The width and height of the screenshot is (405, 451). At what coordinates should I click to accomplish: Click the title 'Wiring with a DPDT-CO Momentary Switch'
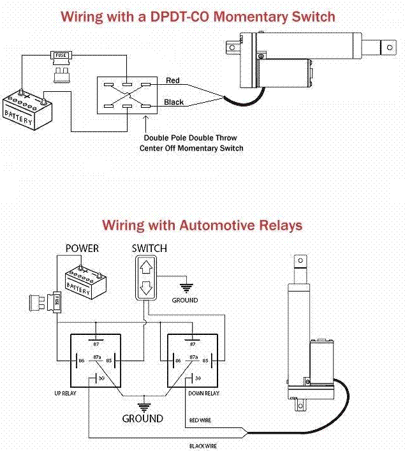tap(197, 17)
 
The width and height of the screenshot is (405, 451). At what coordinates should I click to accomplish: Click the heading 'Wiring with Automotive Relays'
tap(202, 225)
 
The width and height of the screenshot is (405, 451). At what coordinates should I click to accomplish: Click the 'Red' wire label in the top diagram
tap(172, 80)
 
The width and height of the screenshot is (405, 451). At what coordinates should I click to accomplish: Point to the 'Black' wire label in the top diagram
tap(173, 102)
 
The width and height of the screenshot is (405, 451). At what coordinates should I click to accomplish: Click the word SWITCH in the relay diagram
tap(149, 248)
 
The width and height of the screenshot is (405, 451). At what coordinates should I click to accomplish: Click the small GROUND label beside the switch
tap(184, 300)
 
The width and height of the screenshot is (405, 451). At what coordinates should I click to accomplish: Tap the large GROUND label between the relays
tap(143, 419)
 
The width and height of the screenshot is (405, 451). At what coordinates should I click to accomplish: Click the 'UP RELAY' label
tap(65, 394)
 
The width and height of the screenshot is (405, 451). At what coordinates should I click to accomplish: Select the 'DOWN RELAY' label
tap(203, 394)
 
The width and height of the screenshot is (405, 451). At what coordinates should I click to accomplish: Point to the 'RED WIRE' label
tap(202, 420)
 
